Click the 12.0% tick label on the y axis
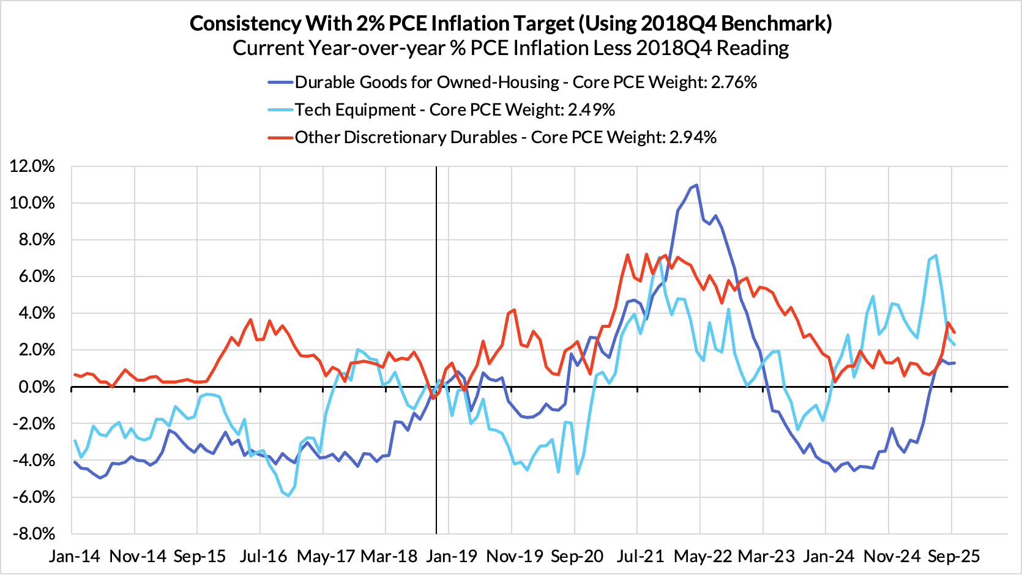[32, 166]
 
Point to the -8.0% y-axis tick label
[32, 534]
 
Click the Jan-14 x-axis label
[74, 556]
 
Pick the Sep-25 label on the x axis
[953, 556]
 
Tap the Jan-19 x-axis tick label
[452, 556]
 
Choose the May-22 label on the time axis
[703, 556]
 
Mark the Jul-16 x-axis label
[263, 556]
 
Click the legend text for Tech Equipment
[455, 110]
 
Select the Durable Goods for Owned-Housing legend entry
[526, 83]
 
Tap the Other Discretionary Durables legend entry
[505, 137]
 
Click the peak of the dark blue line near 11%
[696, 185]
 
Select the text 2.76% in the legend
[734, 83]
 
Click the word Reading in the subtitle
[753, 48]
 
